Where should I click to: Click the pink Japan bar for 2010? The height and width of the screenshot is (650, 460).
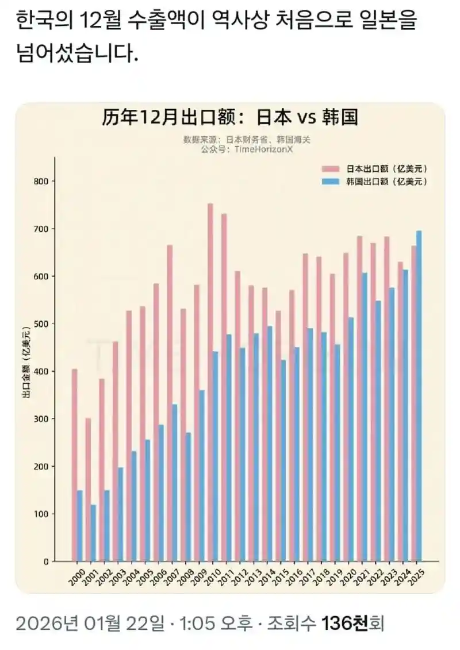[x=210, y=382]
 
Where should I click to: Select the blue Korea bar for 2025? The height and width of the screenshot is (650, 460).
[x=419, y=396]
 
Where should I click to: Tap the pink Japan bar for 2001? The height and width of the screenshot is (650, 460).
[x=88, y=490]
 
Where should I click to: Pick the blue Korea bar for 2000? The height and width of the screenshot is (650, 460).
[x=80, y=526]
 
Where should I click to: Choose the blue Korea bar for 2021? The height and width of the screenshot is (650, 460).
[x=365, y=417]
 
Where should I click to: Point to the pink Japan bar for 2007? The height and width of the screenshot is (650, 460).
[x=170, y=403]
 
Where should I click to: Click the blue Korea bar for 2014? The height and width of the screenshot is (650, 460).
[x=270, y=444]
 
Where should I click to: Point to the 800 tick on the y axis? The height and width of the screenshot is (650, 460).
[x=53, y=181]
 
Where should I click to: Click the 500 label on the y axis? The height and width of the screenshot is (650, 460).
[x=41, y=324]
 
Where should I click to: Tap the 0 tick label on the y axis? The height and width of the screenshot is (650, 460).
[x=47, y=561]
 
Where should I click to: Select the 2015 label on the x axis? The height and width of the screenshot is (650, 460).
[x=281, y=576]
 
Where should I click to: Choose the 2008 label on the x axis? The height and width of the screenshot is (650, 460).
[x=186, y=576]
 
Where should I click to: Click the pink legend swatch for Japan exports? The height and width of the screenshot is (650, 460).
[x=331, y=169]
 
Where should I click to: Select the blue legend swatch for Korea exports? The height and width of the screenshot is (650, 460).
[x=331, y=182]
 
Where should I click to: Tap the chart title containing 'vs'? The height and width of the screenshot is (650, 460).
[x=230, y=118]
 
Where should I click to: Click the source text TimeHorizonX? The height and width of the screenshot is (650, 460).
[x=264, y=149]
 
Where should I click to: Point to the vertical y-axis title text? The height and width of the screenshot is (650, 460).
[x=26, y=362]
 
